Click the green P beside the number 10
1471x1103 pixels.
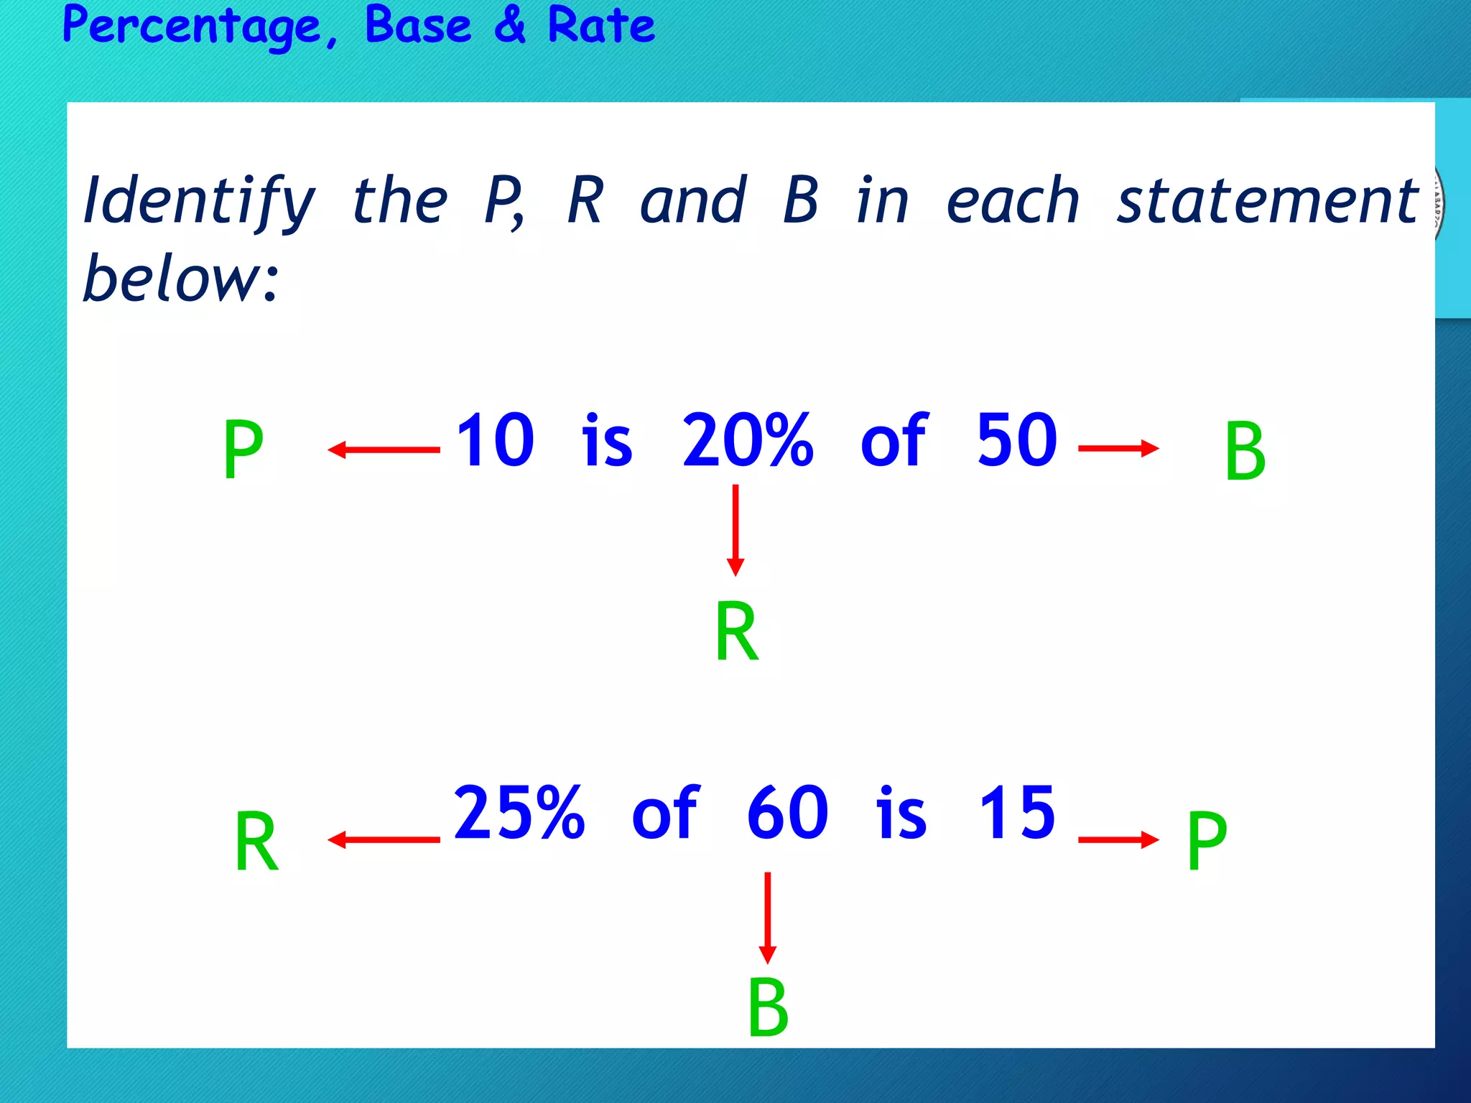[x=243, y=450]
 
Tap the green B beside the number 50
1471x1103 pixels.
[x=1245, y=452]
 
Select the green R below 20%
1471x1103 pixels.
[x=736, y=632]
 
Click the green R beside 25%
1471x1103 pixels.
[x=256, y=842]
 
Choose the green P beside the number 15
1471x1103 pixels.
[x=1207, y=840]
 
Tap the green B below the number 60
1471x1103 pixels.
[x=768, y=1007]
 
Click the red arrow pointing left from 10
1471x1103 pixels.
[x=384, y=450]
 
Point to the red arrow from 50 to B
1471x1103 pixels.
[x=1118, y=449]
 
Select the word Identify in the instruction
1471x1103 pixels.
[x=199, y=202]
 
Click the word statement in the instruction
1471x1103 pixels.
[x=1267, y=202]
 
